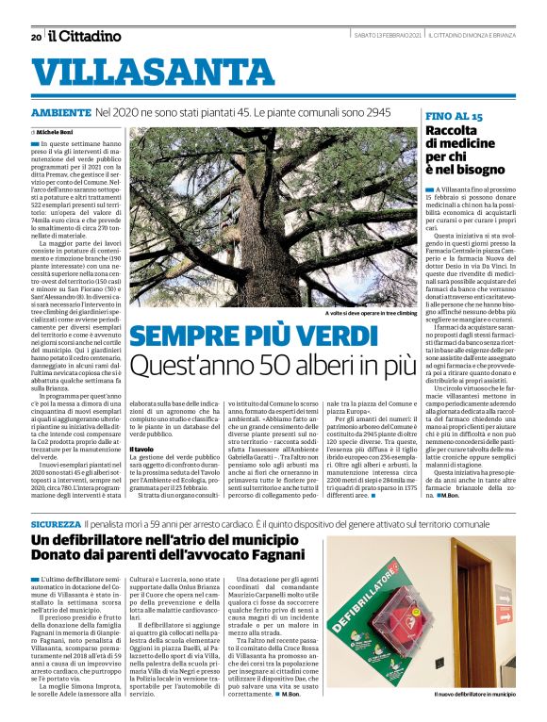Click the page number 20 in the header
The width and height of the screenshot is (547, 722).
click(35, 37)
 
